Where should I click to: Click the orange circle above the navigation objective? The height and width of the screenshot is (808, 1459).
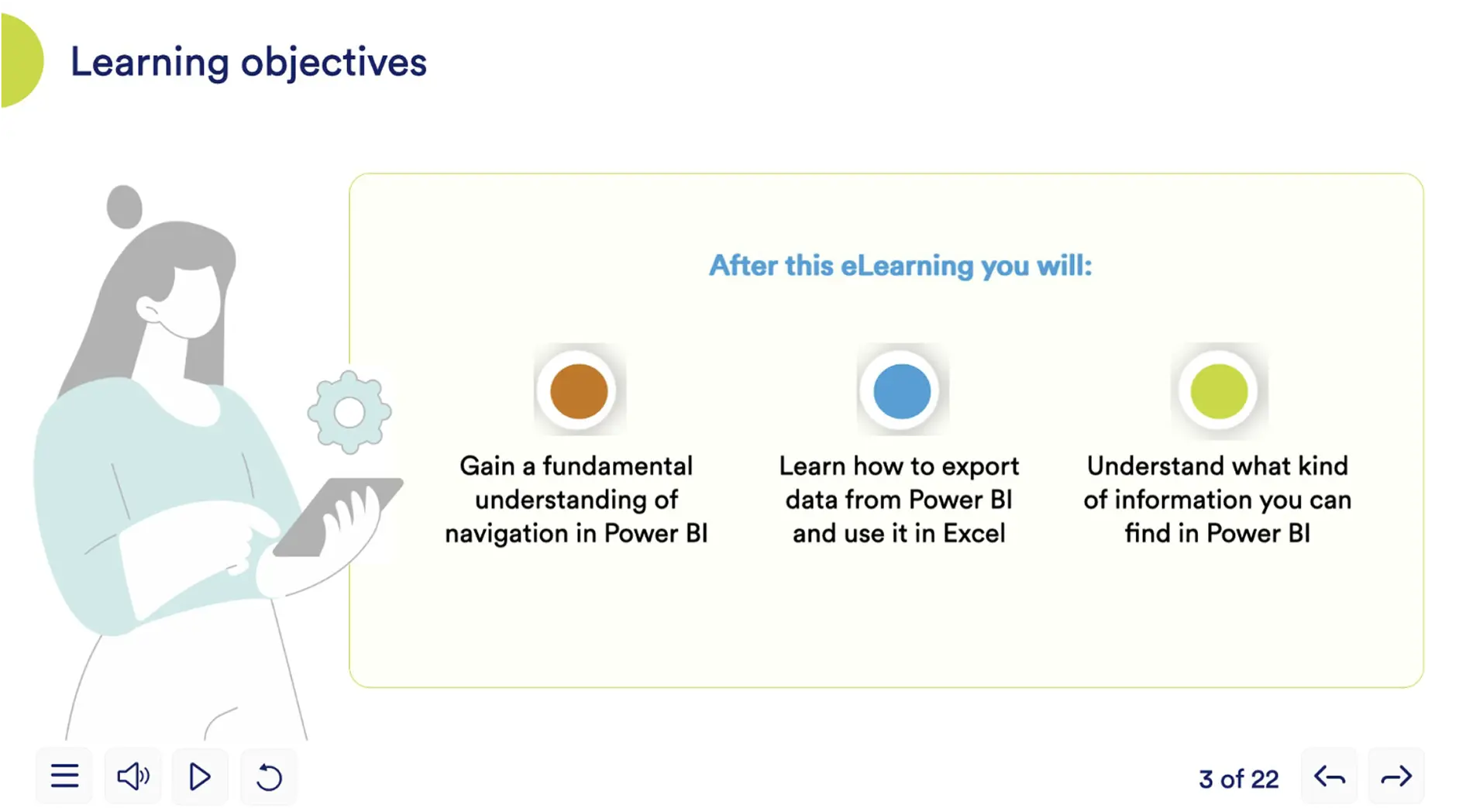click(x=578, y=391)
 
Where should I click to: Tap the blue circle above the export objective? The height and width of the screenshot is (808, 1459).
click(x=902, y=391)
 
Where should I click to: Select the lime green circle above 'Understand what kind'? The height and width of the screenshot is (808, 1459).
click(x=1219, y=391)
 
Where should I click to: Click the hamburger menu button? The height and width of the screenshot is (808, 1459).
click(x=64, y=776)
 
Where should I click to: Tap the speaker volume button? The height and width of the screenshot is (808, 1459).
click(x=132, y=776)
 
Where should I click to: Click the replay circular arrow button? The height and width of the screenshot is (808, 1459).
click(x=269, y=776)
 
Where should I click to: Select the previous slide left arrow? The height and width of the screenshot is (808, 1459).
click(x=1330, y=776)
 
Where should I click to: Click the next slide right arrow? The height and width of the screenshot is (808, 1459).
click(x=1396, y=776)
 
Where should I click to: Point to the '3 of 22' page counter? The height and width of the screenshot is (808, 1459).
click(x=1238, y=779)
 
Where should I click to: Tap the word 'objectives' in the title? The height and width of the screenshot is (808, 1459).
click(x=334, y=62)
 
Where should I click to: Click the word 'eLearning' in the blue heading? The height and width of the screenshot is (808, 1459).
click(x=907, y=266)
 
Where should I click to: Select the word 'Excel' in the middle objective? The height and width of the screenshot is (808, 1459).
click(x=974, y=533)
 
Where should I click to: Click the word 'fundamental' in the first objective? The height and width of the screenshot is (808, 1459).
click(x=618, y=466)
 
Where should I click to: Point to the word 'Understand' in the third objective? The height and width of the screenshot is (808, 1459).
click(x=1154, y=466)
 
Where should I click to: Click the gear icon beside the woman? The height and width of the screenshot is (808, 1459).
click(x=349, y=413)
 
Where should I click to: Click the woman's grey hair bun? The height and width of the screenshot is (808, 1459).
click(x=125, y=207)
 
